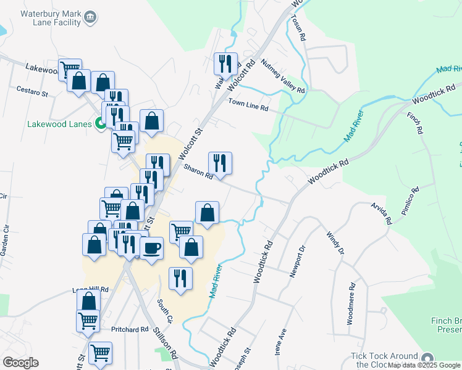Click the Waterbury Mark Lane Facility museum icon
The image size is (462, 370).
[90, 17]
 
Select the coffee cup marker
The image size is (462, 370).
[151, 249]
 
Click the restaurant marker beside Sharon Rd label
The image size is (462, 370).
[219, 163]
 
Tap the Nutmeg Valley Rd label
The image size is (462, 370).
[283, 76]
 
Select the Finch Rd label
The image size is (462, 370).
[414, 123]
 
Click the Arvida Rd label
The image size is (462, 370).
[380, 212]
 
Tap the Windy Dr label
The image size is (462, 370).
[334, 242]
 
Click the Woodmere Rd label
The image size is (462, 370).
[351, 303]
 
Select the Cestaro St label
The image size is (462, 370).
[32, 93]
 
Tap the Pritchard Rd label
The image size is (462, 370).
[130, 330]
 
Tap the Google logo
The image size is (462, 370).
[20, 362]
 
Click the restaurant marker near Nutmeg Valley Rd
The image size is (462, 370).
[225, 64]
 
